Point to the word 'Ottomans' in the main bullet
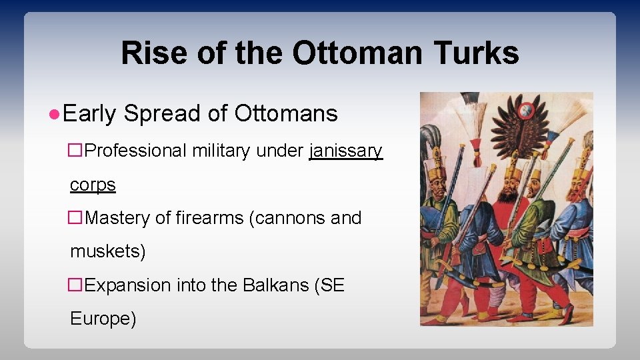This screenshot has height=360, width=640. click(x=286, y=114)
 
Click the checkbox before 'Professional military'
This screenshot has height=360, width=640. click(x=77, y=151)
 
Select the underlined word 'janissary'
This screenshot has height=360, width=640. click(x=346, y=151)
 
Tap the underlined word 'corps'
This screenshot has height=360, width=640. click(x=93, y=185)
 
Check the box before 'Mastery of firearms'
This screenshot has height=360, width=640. click(x=77, y=219)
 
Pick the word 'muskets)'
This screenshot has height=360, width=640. click(x=107, y=251)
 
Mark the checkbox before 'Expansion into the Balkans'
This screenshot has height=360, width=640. click(x=77, y=285)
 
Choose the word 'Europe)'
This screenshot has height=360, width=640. click(x=103, y=319)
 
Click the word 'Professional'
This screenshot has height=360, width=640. click(x=136, y=151)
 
